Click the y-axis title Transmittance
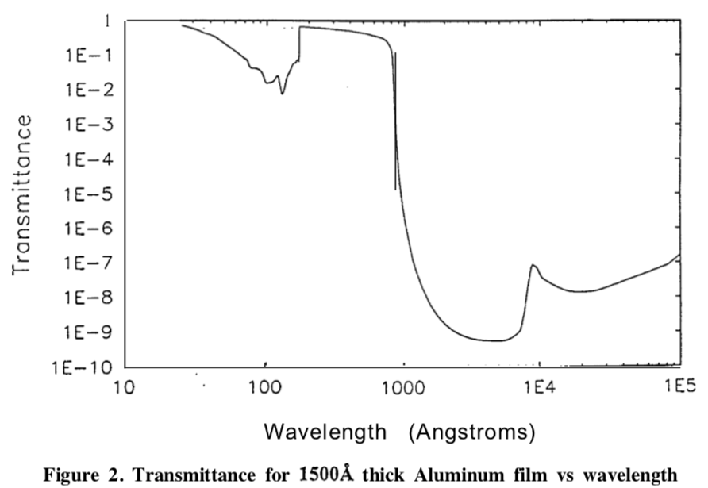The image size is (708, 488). coord(23,194)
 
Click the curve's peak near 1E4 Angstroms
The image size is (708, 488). coord(533,265)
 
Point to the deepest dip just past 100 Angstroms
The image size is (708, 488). coord(282,94)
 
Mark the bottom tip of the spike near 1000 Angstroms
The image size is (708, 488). coord(395,190)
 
